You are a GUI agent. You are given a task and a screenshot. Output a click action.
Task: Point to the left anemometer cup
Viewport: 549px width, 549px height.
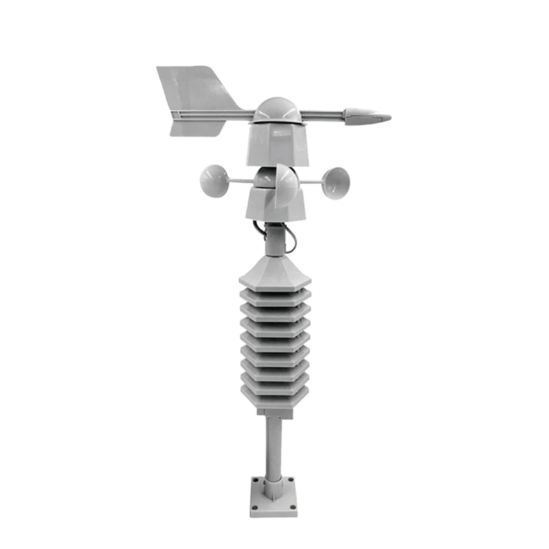coord(214,180)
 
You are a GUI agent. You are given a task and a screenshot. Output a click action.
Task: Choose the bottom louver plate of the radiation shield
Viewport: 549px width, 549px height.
coord(274,397)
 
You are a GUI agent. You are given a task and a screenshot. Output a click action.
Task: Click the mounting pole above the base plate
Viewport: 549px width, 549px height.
coord(274,446)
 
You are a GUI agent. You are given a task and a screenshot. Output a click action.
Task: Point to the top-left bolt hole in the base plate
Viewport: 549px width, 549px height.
coord(255,482)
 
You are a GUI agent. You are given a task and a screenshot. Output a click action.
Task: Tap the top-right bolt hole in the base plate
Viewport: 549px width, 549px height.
coord(294,482)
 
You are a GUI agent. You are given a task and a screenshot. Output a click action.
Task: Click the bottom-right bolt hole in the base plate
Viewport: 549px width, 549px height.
coord(294,509)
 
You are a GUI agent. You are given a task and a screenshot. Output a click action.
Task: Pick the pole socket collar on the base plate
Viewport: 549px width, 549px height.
coord(274,489)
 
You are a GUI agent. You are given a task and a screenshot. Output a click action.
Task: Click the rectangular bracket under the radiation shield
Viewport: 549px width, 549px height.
coord(274,410)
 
